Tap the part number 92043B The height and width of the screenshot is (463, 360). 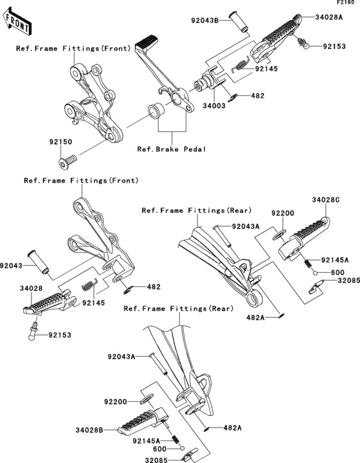pyautogui.click(x=205, y=21)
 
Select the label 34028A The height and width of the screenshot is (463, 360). pyautogui.click(x=328, y=17)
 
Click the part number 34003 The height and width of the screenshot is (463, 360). pyautogui.click(x=214, y=105)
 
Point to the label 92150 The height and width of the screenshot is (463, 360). pyautogui.click(x=60, y=141)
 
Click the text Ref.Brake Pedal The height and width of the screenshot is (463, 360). pyautogui.click(x=172, y=149)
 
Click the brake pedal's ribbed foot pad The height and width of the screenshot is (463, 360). pyautogui.click(x=146, y=42)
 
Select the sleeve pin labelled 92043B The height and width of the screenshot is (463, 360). pyautogui.click(x=238, y=21)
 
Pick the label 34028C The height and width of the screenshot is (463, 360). pyautogui.click(x=326, y=200)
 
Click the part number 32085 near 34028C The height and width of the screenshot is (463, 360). pyautogui.click(x=349, y=280)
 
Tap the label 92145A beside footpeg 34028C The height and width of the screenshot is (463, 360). pyautogui.click(x=335, y=260)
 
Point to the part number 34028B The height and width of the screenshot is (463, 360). pyautogui.click(x=89, y=430)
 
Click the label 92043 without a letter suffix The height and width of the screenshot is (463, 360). pyautogui.click(x=11, y=266)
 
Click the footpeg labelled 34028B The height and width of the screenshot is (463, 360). pyautogui.click(x=143, y=421)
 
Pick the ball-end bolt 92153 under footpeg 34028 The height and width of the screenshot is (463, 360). pyautogui.click(x=33, y=331)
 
